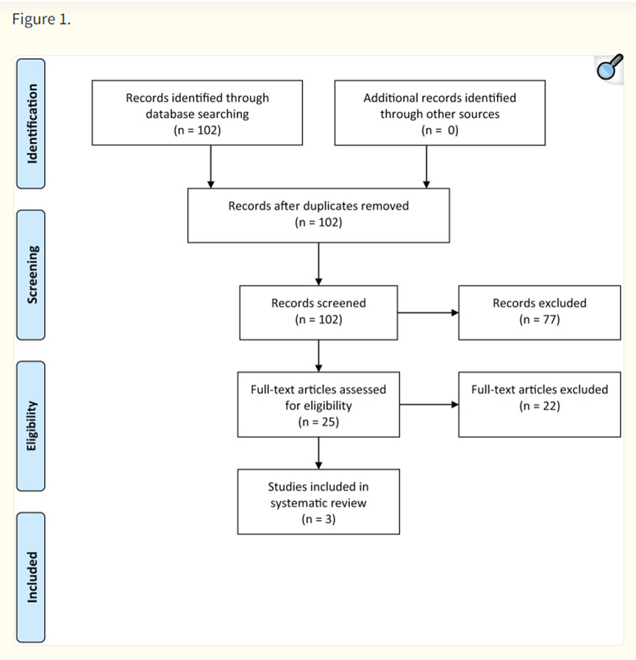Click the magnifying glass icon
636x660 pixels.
(610, 68)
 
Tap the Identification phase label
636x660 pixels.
(31, 123)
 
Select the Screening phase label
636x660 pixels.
(31, 275)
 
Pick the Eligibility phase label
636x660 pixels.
(31, 426)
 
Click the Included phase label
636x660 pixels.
(31, 577)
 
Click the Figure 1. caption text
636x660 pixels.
(41, 19)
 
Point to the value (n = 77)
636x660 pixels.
(540, 320)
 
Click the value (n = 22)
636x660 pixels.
(540, 406)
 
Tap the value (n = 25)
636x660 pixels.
(318, 422)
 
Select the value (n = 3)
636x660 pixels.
(318, 519)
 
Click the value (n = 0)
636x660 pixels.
(440, 130)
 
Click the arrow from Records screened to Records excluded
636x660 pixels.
(428, 313)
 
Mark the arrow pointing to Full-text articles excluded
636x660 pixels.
(429, 404)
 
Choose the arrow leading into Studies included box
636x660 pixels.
(318, 453)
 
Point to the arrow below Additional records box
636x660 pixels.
(426, 167)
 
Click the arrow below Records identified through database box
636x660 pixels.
(210, 167)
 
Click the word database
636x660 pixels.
(172, 114)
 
